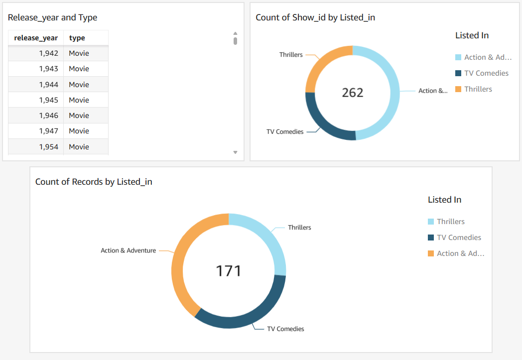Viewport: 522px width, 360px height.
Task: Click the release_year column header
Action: click(x=36, y=38)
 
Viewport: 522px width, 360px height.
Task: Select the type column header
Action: click(x=77, y=38)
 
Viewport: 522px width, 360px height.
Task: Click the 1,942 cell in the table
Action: click(x=48, y=53)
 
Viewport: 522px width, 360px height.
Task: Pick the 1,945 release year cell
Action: click(x=48, y=100)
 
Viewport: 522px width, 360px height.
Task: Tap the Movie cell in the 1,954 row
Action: click(x=79, y=147)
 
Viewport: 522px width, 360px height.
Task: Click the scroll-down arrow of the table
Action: click(x=235, y=152)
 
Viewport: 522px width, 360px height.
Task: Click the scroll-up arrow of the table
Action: click(x=235, y=33)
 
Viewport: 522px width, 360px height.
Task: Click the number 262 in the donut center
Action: click(x=352, y=93)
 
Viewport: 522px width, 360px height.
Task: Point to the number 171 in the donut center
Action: click(x=228, y=271)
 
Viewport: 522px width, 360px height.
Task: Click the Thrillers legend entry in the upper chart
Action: click(x=478, y=89)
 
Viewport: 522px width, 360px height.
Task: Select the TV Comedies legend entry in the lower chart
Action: click(x=459, y=238)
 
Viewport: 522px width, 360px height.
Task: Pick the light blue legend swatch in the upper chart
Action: click(x=458, y=57)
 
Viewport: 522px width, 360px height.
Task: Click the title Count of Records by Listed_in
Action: click(x=94, y=182)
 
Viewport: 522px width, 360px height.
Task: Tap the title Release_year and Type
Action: click(x=52, y=17)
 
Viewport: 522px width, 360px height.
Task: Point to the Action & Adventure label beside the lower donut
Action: click(x=128, y=250)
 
